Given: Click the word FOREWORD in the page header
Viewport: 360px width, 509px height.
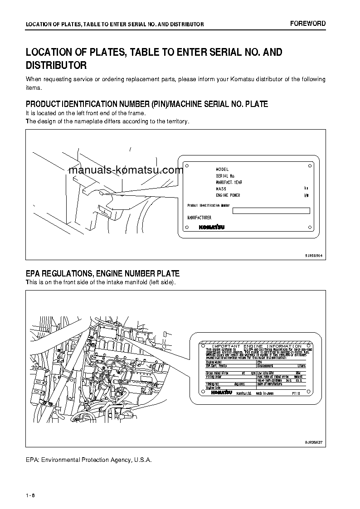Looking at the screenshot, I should tap(308, 24).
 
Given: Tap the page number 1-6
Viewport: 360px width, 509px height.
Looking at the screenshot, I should tap(31, 494).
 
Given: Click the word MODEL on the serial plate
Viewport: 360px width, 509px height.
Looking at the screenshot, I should tap(222, 169).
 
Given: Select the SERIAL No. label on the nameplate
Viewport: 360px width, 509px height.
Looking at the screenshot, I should tap(225, 176).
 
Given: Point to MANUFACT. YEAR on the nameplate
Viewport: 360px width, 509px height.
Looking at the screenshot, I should tap(229, 182).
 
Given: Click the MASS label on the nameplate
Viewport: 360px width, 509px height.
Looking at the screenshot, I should tap(221, 189).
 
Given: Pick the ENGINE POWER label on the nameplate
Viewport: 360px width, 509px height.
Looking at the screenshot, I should tap(228, 195).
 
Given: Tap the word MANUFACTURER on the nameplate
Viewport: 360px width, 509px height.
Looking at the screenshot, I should tap(199, 218).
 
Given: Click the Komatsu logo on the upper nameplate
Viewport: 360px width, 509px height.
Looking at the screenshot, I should tap(212, 228).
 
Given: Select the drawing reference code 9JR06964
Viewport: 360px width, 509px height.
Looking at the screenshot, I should tap(313, 255).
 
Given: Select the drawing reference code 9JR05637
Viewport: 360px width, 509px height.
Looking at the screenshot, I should tap(313, 442).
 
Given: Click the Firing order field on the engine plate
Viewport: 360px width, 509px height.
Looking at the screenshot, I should tap(214, 377).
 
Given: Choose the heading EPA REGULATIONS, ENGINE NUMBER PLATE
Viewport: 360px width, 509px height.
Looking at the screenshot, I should tap(102, 273).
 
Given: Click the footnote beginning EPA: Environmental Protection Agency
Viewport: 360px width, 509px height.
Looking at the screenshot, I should tap(88, 460).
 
